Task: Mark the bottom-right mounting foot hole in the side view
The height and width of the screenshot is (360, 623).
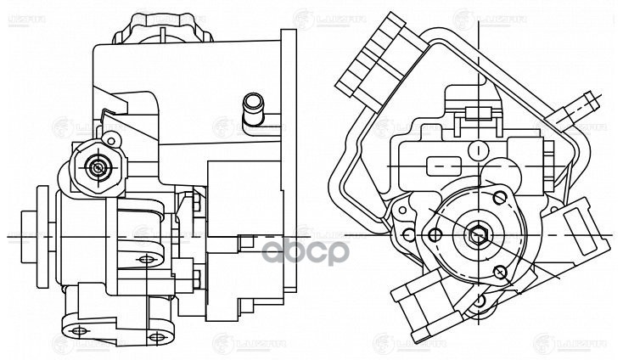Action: tap(154, 338)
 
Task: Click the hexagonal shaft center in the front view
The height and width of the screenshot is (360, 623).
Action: tap(478, 235)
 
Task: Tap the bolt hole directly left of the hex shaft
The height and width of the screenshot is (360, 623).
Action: tap(436, 234)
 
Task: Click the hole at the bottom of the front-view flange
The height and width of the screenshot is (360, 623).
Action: tap(482, 301)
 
